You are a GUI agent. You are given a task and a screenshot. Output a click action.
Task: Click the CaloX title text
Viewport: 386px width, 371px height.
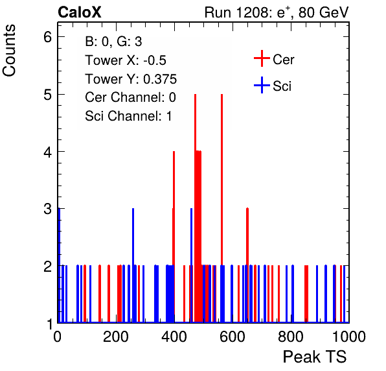(x=79, y=12)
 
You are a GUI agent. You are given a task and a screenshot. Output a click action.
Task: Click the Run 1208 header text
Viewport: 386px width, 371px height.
(x=277, y=12)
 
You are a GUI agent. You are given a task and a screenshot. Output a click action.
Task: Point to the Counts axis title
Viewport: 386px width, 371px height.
(x=9, y=51)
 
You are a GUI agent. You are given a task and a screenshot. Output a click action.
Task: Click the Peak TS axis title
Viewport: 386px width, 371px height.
(x=315, y=357)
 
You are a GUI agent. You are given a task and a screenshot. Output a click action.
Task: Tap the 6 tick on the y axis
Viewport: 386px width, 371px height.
(x=48, y=37)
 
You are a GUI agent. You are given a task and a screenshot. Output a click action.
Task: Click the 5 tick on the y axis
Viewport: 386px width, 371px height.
(x=48, y=95)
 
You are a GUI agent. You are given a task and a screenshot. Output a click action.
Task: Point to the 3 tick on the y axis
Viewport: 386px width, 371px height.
(x=48, y=209)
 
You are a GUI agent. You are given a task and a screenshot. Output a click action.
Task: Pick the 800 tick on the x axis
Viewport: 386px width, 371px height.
(x=291, y=336)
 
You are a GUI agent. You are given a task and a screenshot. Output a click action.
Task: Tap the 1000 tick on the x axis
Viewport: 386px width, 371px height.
(x=349, y=336)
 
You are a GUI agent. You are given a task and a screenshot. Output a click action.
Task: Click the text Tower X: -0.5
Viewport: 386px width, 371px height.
(x=126, y=60)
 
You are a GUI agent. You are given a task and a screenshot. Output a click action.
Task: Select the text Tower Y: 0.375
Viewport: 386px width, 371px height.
(x=131, y=79)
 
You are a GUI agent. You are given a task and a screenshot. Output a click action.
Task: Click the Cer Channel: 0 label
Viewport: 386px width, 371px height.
(x=130, y=97)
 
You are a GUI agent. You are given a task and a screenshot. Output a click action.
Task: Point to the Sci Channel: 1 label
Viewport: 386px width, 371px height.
(x=128, y=116)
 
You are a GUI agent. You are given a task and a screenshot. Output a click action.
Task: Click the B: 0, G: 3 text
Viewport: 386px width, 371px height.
(x=113, y=42)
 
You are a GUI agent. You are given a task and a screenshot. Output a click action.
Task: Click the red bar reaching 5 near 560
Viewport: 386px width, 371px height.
(x=221, y=208)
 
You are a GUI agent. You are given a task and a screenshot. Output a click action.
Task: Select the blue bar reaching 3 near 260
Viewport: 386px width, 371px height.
(x=133, y=265)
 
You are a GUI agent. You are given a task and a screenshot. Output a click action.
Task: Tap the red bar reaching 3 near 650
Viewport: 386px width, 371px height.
(x=247, y=265)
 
